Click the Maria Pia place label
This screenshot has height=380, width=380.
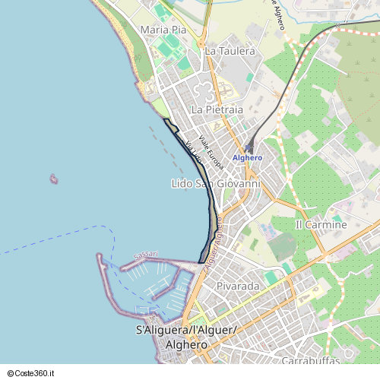click(163, 30)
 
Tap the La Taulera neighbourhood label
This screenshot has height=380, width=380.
click(230, 51)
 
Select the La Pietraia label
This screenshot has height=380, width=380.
click(217, 109)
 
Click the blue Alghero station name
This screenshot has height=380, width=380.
click(247, 157)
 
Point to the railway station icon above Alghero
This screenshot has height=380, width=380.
click(249, 147)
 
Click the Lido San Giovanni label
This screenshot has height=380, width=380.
click(216, 184)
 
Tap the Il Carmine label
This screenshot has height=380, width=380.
click(321, 225)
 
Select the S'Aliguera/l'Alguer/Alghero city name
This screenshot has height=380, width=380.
click(185, 337)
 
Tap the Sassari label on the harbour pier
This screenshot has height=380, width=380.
click(145, 254)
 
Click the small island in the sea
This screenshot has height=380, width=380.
click(54, 179)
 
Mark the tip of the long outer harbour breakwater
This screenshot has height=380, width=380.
click(99, 256)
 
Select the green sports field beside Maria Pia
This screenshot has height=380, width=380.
click(166, 50)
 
